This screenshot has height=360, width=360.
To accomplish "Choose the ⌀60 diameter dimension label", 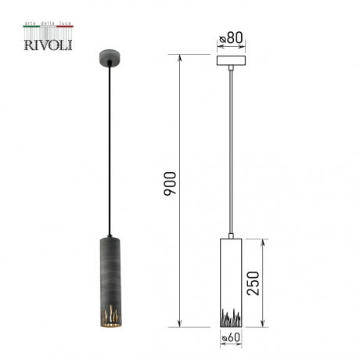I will [x=231, y=337].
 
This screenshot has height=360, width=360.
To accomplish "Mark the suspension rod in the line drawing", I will [x=231, y=149].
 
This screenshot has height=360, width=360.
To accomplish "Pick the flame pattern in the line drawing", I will [x=231, y=319].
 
